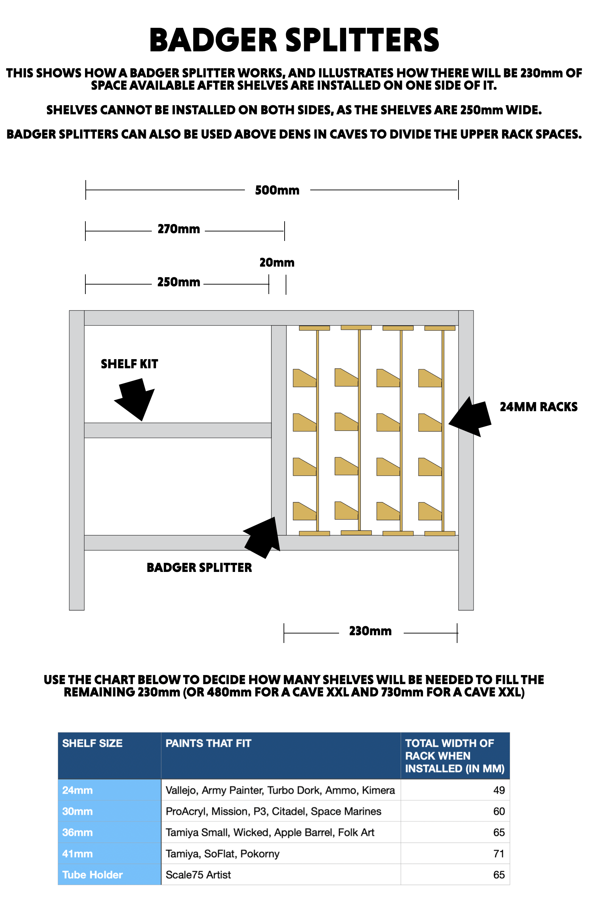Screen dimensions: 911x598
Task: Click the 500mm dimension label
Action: [277, 190]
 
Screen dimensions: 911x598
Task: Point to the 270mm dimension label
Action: [178, 229]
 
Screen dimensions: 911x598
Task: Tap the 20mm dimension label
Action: [277, 263]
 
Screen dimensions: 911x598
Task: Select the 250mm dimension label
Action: [178, 282]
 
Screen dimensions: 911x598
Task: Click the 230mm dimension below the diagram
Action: [370, 631]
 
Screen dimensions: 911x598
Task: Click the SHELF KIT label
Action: [129, 364]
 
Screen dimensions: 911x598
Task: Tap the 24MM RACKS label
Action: [538, 407]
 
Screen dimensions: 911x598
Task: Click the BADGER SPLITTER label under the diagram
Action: [199, 567]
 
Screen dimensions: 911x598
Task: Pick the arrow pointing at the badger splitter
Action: [263, 537]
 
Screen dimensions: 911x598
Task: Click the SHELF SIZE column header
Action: [92, 743]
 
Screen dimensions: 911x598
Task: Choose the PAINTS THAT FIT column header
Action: [208, 743]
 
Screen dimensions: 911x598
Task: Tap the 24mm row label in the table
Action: [78, 790]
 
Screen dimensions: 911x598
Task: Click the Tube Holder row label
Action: [92, 875]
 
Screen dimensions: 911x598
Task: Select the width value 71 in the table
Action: [499, 854]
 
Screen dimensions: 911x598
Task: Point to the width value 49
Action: [499, 790]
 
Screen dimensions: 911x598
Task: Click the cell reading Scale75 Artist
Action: [198, 875]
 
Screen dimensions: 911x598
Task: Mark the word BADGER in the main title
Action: [213, 40]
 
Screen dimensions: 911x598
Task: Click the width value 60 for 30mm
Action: [499, 811]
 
